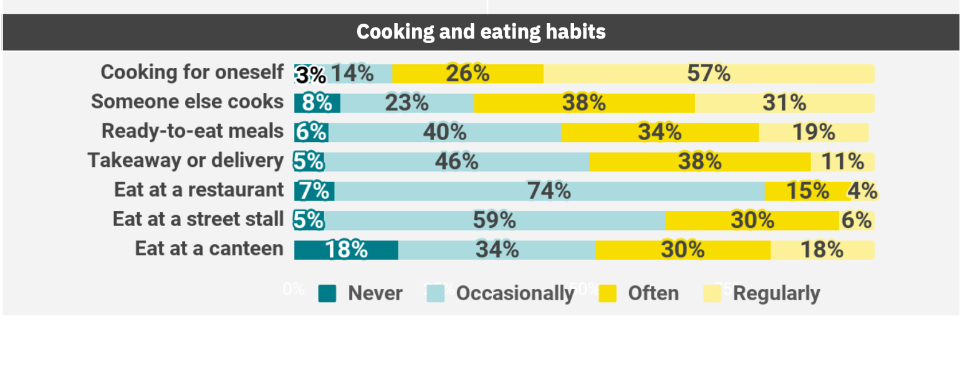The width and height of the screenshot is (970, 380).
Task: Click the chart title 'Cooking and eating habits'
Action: (481, 32)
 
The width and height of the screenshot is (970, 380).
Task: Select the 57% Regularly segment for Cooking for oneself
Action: (709, 74)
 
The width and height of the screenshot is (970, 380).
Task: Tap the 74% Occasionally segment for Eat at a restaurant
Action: (549, 191)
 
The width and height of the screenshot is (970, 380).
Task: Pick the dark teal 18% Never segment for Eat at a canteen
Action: (346, 250)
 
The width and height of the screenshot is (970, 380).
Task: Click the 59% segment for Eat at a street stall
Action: (494, 220)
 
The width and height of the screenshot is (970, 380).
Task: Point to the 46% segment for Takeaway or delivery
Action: (456, 161)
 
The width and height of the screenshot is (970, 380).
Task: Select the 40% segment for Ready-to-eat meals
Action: (444, 132)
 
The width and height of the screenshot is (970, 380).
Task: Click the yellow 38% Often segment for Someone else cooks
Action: (584, 103)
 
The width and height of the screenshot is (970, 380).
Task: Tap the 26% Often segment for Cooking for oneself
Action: (468, 74)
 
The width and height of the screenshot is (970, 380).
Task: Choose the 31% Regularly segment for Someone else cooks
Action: (784, 103)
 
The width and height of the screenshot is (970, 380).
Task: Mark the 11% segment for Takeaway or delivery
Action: (842, 161)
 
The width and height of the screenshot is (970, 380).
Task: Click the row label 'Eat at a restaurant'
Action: (199, 190)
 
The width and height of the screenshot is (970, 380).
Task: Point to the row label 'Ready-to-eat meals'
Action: (193, 131)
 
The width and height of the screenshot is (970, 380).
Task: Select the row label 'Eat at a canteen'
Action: (209, 249)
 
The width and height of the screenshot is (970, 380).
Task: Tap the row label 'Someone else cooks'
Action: (187, 102)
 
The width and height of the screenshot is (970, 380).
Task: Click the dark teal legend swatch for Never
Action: (327, 293)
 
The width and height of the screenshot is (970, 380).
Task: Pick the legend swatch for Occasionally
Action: (436, 293)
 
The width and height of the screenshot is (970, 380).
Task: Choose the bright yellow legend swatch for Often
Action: (607, 293)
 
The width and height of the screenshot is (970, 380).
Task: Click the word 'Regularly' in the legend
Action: (776, 293)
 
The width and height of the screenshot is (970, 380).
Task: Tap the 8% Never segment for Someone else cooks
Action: (317, 103)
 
